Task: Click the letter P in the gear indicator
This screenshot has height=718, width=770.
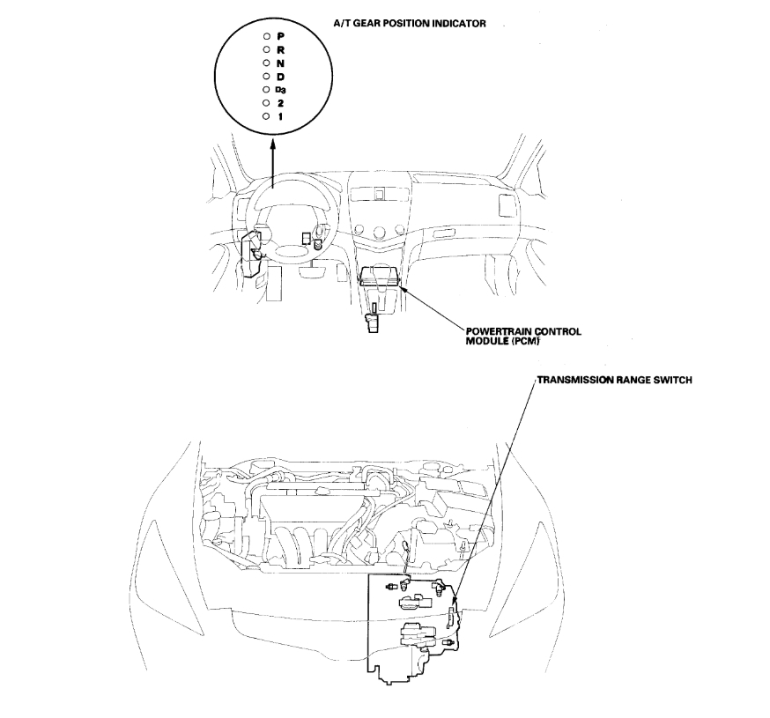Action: pyautogui.click(x=280, y=35)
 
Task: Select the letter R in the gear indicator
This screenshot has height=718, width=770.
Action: pyautogui.click(x=280, y=49)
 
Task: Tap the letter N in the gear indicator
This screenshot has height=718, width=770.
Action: pyautogui.click(x=280, y=63)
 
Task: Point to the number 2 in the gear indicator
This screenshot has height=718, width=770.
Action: pyautogui.click(x=280, y=103)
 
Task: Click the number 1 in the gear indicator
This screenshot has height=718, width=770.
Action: pyautogui.click(x=280, y=116)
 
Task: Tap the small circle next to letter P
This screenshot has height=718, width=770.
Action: pyautogui.click(x=265, y=35)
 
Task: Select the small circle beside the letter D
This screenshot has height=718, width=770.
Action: pyautogui.click(x=265, y=76)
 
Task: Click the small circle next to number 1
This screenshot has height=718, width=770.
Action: pyautogui.click(x=265, y=116)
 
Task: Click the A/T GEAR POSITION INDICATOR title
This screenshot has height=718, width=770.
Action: pyautogui.click(x=409, y=24)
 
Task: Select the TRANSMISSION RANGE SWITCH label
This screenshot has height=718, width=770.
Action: pyautogui.click(x=614, y=381)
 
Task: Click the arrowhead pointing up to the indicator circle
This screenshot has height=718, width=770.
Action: pyautogui.click(x=272, y=152)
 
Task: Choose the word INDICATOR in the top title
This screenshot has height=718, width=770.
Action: pyautogui.click(x=457, y=24)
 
